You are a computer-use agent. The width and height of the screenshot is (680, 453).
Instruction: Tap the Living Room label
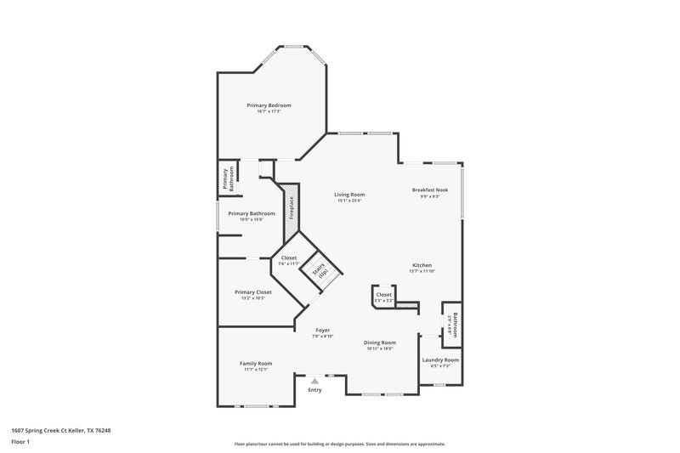click(350, 195)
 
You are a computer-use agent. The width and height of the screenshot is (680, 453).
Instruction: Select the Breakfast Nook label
click(426, 190)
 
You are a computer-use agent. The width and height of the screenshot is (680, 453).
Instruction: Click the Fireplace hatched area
click(291, 207)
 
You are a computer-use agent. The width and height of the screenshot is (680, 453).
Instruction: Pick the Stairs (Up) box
click(320, 270)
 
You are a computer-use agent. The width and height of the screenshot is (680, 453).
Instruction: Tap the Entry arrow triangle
click(315, 382)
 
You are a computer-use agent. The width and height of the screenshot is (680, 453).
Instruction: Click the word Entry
click(315, 390)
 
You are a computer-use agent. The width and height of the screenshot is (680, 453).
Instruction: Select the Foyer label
click(322, 330)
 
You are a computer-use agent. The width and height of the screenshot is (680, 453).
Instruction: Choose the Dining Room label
click(381, 342)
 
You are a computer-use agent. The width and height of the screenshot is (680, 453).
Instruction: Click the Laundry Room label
click(440, 360)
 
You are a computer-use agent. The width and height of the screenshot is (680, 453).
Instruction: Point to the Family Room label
click(256, 363)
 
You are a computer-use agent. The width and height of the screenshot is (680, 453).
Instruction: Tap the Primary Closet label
click(252, 292)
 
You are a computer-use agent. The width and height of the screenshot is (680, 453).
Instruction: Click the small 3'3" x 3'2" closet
click(384, 297)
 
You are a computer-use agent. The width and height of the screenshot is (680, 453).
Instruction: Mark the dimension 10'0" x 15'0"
click(251, 219)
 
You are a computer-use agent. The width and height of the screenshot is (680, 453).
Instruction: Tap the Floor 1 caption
click(20, 442)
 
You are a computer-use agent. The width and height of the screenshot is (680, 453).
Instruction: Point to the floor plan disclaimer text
click(339, 444)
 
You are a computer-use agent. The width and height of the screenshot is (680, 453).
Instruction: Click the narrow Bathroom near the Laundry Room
click(453, 324)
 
